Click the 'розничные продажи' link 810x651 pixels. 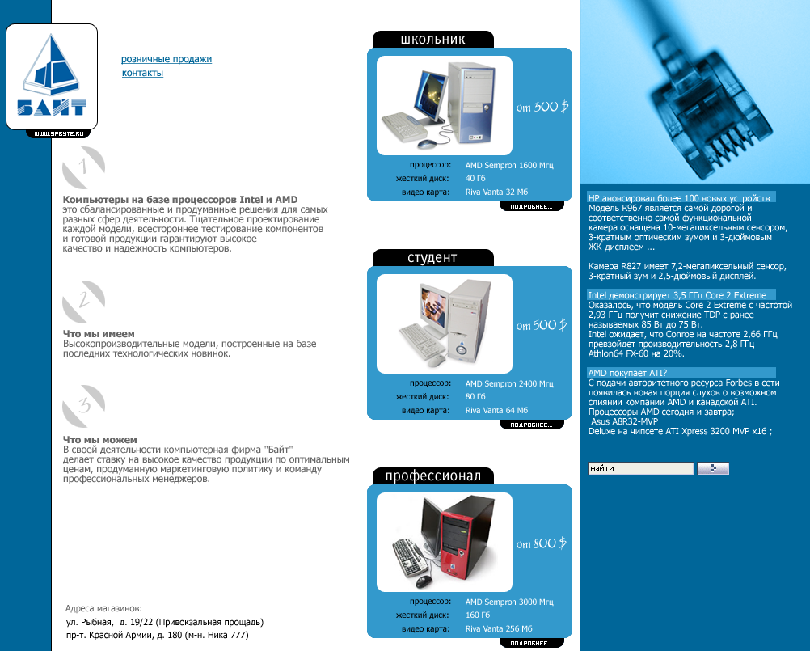pos(167,59)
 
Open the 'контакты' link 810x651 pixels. pos(142,73)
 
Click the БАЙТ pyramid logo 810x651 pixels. pos(52,76)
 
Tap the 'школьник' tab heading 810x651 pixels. pos(433,40)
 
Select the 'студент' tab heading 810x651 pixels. pos(433,258)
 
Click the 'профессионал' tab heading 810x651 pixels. pos(433,476)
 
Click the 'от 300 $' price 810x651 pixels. pos(542,107)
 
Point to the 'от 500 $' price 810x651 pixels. pos(542,325)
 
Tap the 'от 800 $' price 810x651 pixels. pos(542,543)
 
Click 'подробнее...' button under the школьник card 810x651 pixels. pos(532,207)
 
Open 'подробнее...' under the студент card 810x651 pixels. pos(532,425)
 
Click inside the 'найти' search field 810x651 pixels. pos(640,468)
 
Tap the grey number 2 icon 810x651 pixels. pos(84,302)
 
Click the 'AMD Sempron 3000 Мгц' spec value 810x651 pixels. pos(509,602)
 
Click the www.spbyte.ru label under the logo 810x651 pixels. pos(58,133)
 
